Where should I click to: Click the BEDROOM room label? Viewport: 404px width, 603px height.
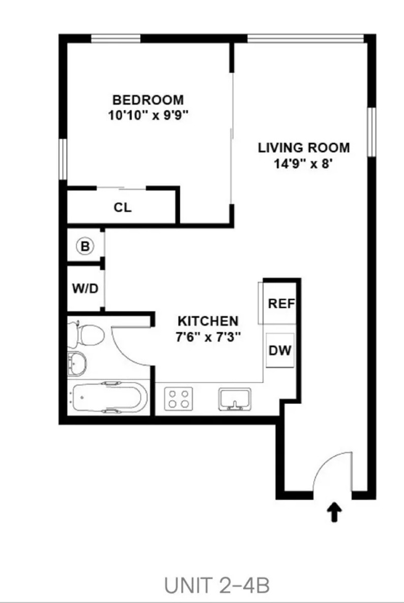(x=148, y=99)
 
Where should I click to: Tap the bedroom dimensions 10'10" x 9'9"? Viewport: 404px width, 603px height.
(x=148, y=115)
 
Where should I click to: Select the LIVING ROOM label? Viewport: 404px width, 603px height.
(x=304, y=148)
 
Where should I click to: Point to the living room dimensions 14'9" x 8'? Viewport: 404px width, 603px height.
(x=304, y=164)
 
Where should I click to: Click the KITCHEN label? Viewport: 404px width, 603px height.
(x=208, y=321)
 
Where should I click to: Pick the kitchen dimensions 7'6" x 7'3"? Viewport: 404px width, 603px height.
(x=208, y=337)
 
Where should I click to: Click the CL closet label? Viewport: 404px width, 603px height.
(x=122, y=207)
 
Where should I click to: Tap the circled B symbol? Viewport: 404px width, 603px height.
(x=85, y=246)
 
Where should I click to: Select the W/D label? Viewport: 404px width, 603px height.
(x=85, y=288)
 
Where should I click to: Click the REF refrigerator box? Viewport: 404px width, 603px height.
(x=281, y=304)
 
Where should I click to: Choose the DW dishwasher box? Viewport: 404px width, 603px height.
(x=280, y=350)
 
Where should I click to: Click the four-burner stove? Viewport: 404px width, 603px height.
(x=178, y=398)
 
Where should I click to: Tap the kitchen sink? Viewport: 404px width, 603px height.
(x=235, y=398)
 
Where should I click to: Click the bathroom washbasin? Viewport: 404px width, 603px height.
(x=77, y=363)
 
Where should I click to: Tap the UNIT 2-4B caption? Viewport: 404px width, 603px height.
(x=217, y=586)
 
